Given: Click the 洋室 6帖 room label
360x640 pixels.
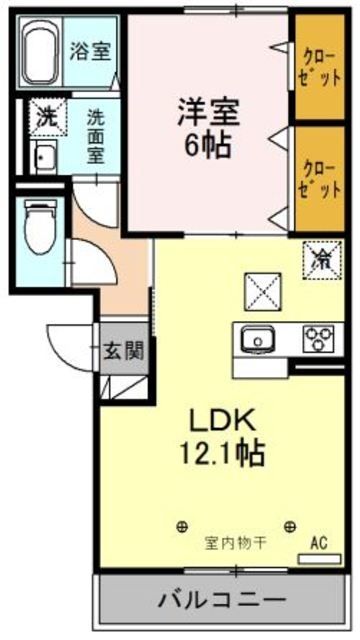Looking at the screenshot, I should point(206,128).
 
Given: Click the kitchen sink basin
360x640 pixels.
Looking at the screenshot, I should point(257,340).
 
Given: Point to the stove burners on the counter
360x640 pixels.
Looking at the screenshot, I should point(320,339).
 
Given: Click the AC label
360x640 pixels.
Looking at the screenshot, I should point(319,543).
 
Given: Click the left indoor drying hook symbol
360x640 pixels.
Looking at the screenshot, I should point(182,525).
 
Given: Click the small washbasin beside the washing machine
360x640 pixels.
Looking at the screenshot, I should point(43,155).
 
